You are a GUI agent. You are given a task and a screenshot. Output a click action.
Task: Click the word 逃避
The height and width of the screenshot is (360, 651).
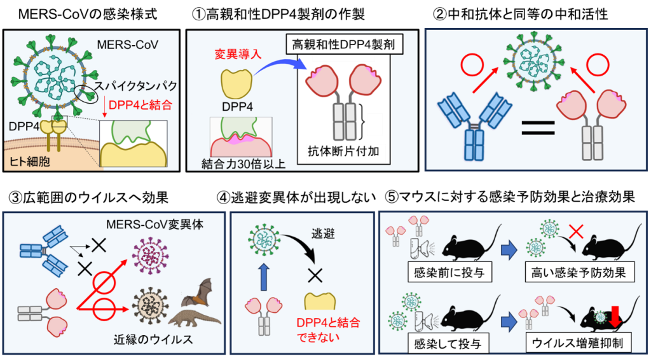pyautogui.click(x=316, y=233)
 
